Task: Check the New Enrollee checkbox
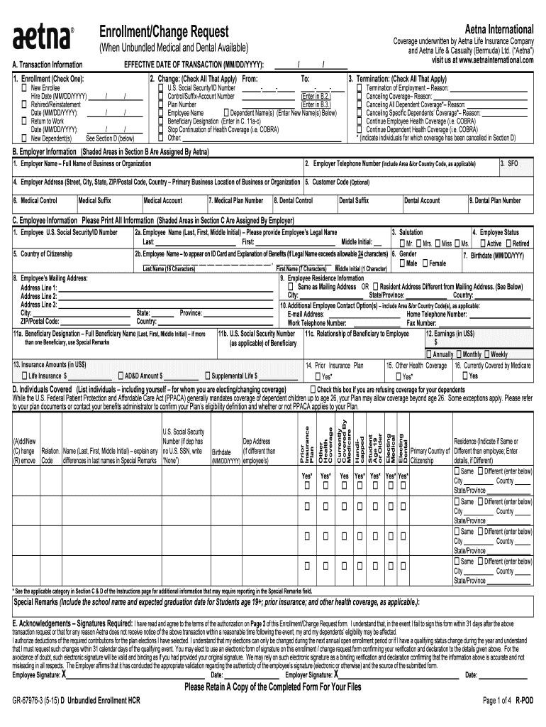(x=24, y=87)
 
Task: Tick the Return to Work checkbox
(x=24, y=121)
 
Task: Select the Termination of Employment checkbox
(x=359, y=87)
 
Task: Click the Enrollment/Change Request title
(x=164, y=32)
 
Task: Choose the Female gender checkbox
(x=425, y=263)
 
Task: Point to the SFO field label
(x=512, y=163)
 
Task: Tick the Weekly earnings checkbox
(x=486, y=354)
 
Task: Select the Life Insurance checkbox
(x=24, y=376)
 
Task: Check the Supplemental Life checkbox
(x=207, y=376)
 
